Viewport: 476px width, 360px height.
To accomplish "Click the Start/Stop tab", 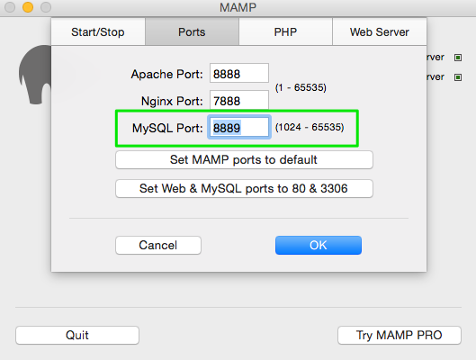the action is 98,31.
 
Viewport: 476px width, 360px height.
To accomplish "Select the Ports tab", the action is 192,31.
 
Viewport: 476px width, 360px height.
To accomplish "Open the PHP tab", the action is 285,31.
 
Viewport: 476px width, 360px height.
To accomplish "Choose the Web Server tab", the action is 380,31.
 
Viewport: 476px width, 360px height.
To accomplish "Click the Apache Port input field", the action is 239,73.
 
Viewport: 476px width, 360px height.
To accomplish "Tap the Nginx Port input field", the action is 239,100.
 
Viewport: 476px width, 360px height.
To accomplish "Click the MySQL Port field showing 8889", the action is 239,127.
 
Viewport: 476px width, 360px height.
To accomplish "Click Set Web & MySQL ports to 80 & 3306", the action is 244,188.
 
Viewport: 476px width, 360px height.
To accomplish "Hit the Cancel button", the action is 158,245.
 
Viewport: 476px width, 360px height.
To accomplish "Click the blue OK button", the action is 319,245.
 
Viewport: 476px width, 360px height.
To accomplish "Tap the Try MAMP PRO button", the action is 400,335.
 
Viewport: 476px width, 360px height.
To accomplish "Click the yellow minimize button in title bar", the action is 28,7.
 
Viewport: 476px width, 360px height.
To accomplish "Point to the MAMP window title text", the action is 238,7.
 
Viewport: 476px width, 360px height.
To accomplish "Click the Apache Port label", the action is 166,74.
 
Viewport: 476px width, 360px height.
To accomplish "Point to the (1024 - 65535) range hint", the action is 310,127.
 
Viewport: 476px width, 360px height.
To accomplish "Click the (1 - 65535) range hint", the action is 301,87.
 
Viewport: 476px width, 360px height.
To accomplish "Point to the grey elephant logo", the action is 35,75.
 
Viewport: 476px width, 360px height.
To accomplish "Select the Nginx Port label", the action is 172,101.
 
